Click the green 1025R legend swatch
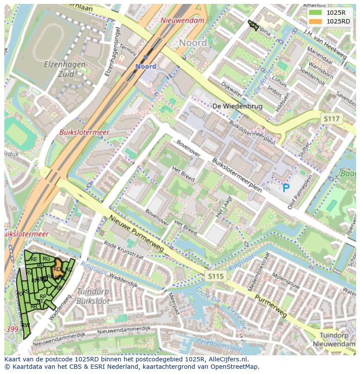point(315,13)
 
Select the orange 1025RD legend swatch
point(315,21)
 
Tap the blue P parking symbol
point(286,189)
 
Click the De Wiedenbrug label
point(237,106)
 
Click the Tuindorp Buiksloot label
point(92,296)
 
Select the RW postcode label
point(25,325)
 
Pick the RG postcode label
point(46,259)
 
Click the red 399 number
point(12,329)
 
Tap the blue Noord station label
point(145,66)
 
